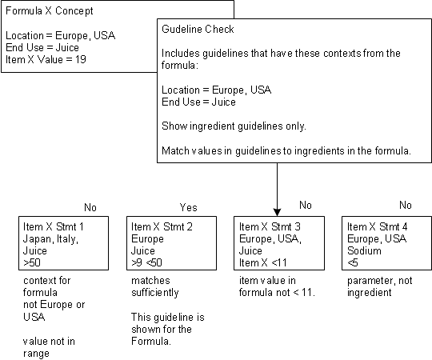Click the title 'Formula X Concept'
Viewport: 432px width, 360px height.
pyautogui.click(x=50, y=11)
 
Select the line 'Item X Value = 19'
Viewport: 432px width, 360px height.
pyautogui.click(x=46, y=59)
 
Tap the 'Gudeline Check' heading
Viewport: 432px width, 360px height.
pyautogui.click(x=198, y=29)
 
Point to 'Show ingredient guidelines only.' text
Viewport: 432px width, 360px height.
pyautogui.click(x=234, y=126)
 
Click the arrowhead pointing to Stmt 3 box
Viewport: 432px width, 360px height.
pyautogui.click(x=277, y=212)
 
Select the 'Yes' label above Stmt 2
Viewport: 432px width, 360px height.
pyautogui.click(x=189, y=207)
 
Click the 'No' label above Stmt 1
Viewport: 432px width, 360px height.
pyautogui.click(x=90, y=207)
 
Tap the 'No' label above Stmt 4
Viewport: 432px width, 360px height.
pyautogui.click(x=406, y=206)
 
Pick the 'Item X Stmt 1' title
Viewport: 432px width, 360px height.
pyautogui.click(x=54, y=226)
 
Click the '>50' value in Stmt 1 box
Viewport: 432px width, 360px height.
pyautogui.click(x=32, y=262)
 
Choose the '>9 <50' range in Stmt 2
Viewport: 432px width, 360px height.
pyautogui.click(x=146, y=262)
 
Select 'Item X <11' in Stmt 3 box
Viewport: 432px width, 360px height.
pyautogui.click(x=263, y=262)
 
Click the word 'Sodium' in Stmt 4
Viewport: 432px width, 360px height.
pyautogui.click(x=364, y=250)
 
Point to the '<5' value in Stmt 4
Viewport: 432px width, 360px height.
pyautogui.click(x=353, y=262)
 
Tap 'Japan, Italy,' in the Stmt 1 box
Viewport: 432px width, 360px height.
pyautogui.click(x=50, y=239)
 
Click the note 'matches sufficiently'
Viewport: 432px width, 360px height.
pyautogui.click(x=155, y=286)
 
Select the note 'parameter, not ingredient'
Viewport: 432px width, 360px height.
pyautogui.click(x=380, y=286)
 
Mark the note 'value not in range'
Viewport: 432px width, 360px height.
pyautogui.click(x=49, y=347)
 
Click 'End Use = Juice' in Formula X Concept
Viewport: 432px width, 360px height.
pyautogui.click(x=42, y=47)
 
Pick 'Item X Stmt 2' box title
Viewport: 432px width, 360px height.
pyautogui.click(x=162, y=226)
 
